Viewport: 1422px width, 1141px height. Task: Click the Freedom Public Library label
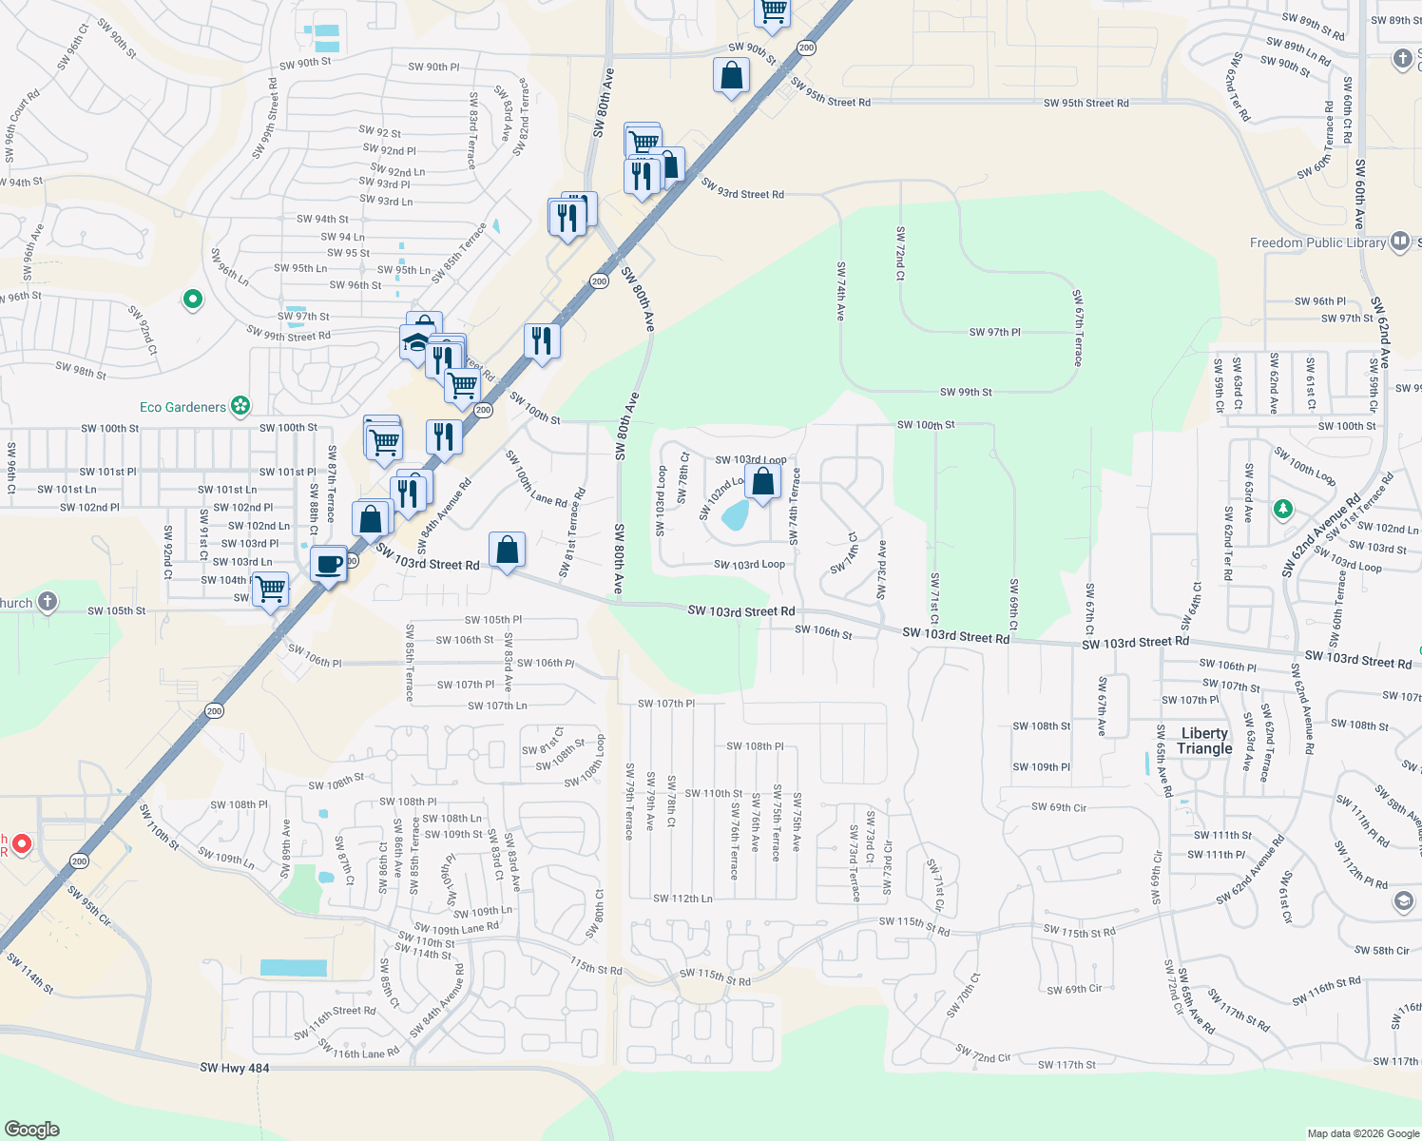click(1317, 243)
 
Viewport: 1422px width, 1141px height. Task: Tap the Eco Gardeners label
click(183, 407)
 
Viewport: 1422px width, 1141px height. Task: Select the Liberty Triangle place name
click(1204, 741)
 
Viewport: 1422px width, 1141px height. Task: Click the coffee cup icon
click(329, 564)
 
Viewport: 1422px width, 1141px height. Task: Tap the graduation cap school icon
click(415, 341)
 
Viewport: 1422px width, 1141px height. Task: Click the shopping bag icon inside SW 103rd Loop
click(762, 482)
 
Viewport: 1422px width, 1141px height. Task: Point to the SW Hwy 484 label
click(235, 1068)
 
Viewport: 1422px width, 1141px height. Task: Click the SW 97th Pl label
click(994, 332)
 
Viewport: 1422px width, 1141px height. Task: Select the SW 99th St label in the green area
click(966, 392)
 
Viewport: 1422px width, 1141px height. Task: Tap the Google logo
click(32, 1129)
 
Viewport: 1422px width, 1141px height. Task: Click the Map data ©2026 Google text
click(1361, 1133)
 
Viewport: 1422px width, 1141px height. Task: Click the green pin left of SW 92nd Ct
click(193, 300)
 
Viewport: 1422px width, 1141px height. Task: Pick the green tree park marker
click(1283, 509)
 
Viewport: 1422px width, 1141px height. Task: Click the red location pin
click(21, 843)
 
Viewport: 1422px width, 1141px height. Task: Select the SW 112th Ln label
click(682, 899)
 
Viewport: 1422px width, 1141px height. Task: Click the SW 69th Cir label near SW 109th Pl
click(1058, 807)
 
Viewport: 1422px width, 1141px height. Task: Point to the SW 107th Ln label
click(497, 706)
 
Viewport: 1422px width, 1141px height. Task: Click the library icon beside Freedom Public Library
click(1399, 241)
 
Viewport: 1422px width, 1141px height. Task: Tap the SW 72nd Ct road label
click(900, 253)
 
